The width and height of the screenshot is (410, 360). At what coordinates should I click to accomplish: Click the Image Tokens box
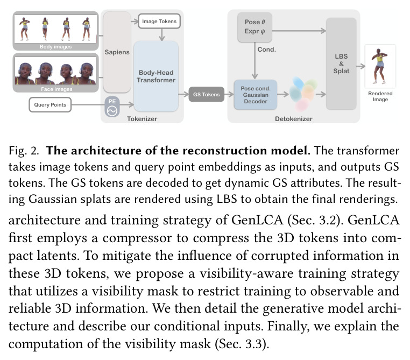point(159,22)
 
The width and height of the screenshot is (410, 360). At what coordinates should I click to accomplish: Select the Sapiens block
point(117,52)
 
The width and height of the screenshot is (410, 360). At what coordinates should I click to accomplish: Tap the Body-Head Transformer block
point(156,76)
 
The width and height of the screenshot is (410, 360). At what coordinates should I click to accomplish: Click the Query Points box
point(50,104)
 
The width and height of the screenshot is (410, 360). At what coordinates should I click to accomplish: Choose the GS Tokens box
point(206,94)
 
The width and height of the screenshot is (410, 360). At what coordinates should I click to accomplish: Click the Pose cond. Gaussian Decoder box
point(256,95)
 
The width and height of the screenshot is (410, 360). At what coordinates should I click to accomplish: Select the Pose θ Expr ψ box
point(255,27)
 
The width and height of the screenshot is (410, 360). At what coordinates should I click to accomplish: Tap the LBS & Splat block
point(341,64)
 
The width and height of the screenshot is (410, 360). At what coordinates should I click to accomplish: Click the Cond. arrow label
point(266,50)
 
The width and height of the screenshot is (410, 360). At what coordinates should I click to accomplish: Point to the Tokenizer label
point(142,119)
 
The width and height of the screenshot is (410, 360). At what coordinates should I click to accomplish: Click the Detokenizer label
point(294,119)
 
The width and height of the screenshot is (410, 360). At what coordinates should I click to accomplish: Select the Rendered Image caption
point(380,96)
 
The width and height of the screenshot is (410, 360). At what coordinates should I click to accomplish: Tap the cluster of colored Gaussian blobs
point(303,93)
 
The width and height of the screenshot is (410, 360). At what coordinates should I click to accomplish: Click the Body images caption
point(55,46)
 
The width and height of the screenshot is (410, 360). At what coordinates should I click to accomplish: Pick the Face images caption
point(56,89)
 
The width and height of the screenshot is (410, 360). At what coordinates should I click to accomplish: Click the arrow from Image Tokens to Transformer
point(162,34)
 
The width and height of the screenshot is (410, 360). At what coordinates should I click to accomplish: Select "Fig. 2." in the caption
point(24,151)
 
